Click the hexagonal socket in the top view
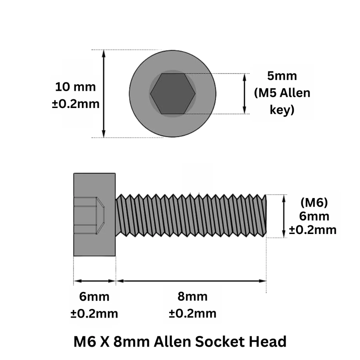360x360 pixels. point(173,94)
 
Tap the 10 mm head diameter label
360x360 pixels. point(76,87)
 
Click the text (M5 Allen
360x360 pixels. point(282,93)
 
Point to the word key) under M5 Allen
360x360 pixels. point(282,110)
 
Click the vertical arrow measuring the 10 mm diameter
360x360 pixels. point(104,94)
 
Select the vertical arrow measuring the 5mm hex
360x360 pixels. point(244,94)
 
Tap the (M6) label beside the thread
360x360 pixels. point(314,202)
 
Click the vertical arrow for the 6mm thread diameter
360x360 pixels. point(284,216)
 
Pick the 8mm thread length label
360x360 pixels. point(192,296)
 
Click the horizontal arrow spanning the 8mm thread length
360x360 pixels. point(191,281)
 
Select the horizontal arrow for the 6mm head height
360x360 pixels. point(95,281)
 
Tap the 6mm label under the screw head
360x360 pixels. point(94,297)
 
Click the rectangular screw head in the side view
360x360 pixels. point(94,215)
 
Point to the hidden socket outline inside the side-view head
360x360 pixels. point(89,215)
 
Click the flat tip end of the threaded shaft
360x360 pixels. point(266,216)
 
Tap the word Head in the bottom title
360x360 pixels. point(268,342)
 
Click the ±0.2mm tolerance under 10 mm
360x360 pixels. point(76,104)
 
